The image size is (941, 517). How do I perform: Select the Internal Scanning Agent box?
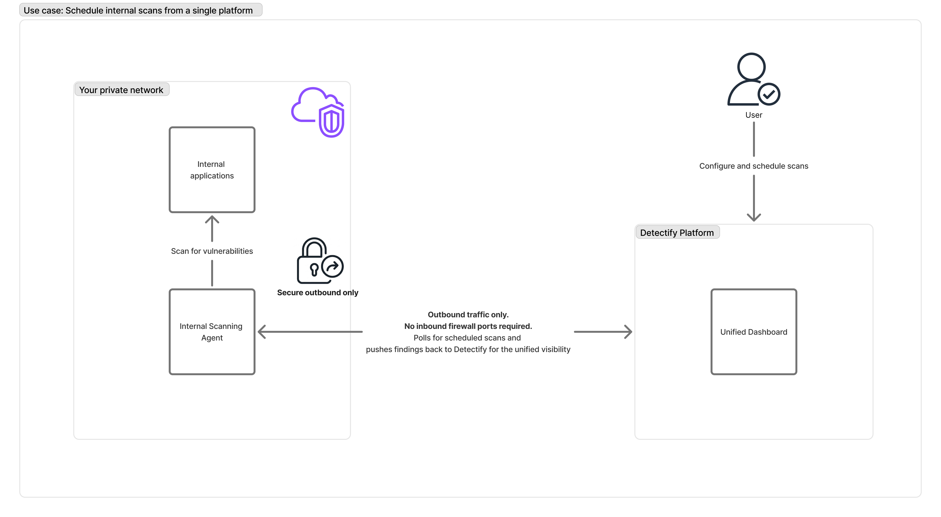click(212, 332)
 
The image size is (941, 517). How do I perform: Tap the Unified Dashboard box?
click(754, 332)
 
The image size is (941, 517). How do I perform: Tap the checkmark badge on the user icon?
click(769, 94)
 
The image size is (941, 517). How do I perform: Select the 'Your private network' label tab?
click(121, 90)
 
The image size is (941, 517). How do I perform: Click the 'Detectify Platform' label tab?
click(677, 233)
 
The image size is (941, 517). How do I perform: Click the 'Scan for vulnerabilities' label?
click(212, 251)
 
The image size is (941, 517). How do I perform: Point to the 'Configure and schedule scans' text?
click(754, 166)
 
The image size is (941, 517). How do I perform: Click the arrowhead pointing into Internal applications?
click(212, 219)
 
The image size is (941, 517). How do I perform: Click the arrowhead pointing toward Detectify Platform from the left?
click(628, 332)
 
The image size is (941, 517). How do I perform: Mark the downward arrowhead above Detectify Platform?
click(754, 218)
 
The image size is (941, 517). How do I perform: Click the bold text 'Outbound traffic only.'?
click(468, 315)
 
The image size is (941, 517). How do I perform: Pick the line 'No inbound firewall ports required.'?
click(468, 326)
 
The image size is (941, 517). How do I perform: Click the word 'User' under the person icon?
click(754, 115)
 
